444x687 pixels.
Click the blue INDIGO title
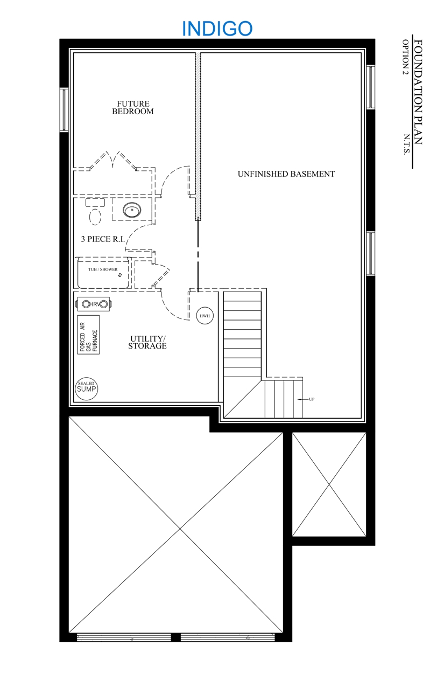tap(217, 29)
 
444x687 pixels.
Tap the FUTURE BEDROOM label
tap(133, 108)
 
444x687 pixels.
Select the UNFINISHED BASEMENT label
tap(286, 174)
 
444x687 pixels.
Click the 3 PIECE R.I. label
tap(103, 239)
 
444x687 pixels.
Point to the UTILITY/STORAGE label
tap(147, 342)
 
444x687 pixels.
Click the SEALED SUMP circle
tap(87, 388)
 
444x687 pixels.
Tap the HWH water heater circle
tap(205, 316)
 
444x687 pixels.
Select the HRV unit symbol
tap(94, 304)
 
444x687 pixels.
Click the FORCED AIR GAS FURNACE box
tap(88, 335)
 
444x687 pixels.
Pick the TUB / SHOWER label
tap(103, 269)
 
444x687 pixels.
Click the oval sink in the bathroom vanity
tap(132, 210)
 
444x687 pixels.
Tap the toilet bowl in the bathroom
tap(95, 217)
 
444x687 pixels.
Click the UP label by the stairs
tap(312, 399)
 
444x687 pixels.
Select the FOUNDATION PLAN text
tap(418, 92)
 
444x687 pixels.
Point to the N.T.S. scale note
tap(407, 144)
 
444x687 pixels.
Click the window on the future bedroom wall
tap(64, 110)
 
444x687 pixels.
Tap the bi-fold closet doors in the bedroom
tap(113, 160)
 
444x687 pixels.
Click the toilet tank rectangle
tap(95, 203)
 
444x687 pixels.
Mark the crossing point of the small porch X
tap(329, 484)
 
